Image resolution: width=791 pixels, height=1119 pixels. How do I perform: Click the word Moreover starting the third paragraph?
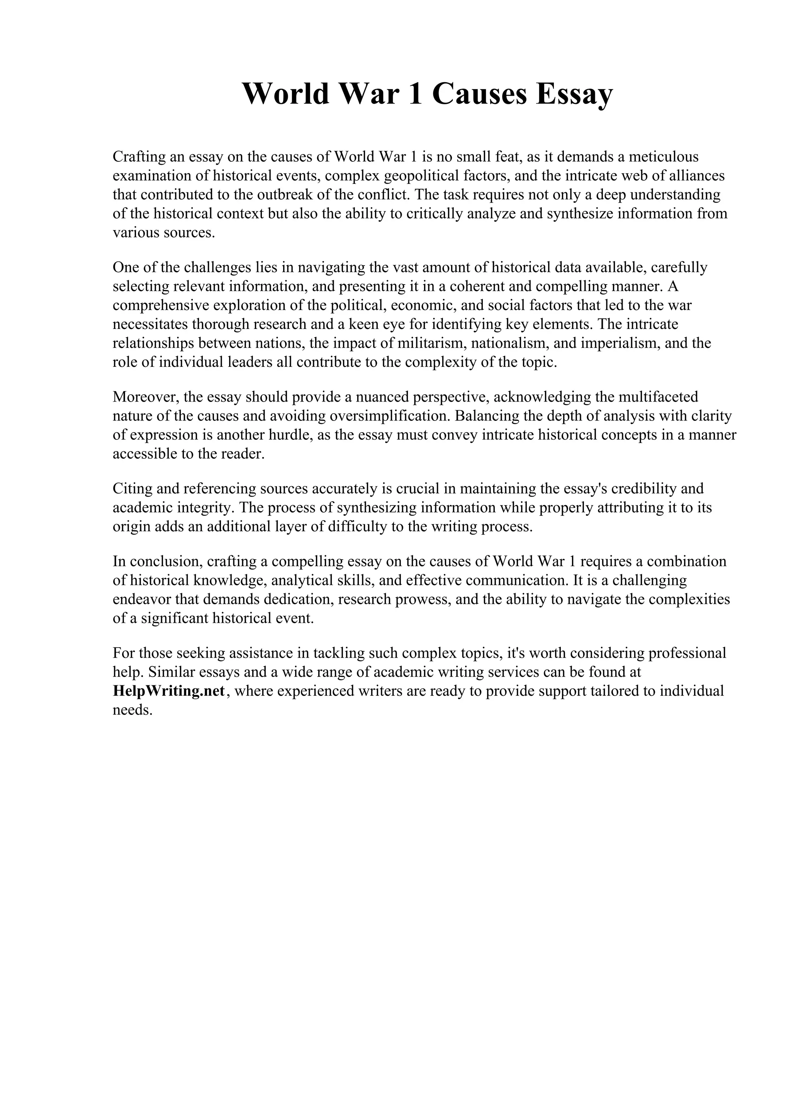143,397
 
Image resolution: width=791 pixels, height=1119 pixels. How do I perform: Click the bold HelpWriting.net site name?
169,691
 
